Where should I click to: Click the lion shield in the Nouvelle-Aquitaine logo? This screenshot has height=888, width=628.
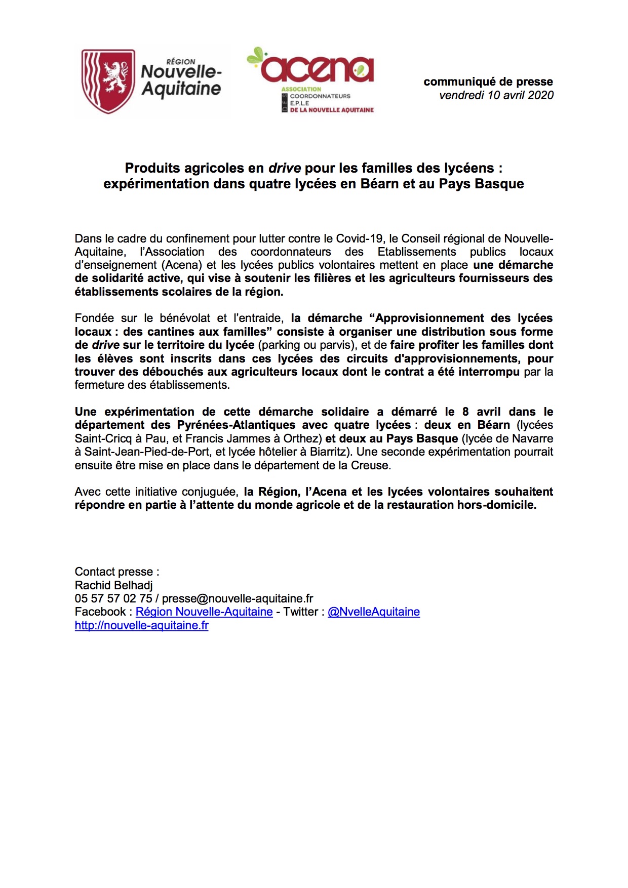(108, 81)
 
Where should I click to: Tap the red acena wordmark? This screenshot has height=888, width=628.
(317, 69)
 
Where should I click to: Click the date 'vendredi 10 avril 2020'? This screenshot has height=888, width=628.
(496, 95)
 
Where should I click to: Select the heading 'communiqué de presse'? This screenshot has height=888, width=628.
(488, 82)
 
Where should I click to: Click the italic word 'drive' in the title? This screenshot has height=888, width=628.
(284, 168)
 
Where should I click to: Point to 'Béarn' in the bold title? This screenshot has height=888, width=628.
(379, 183)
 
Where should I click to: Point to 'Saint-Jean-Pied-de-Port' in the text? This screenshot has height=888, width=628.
(147, 452)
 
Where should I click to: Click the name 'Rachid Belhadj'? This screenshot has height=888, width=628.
(113, 585)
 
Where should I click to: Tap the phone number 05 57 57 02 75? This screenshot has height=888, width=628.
(113, 598)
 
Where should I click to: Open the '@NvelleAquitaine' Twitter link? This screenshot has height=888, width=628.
(373, 612)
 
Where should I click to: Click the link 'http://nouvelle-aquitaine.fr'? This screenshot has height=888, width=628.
(142, 625)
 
